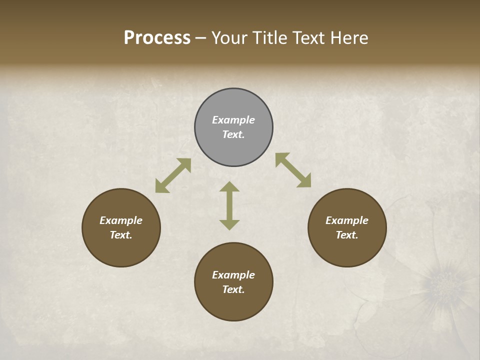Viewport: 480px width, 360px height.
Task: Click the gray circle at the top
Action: [x=233, y=127]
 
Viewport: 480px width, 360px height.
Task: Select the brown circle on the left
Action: [x=121, y=227]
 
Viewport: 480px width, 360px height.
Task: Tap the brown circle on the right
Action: [x=347, y=227]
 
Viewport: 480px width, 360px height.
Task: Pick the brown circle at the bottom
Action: [x=233, y=282]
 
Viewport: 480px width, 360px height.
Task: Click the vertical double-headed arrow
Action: [x=229, y=205]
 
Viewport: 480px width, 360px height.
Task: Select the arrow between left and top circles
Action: [x=173, y=175]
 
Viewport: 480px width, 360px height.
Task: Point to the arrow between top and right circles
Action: [x=293, y=170]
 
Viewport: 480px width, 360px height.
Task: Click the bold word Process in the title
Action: [x=157, y=38]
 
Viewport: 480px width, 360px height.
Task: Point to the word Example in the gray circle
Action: [x=233, y=120]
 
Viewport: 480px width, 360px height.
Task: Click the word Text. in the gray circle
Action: [x=233, y=134]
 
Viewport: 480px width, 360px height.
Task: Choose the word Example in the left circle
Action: [x=121, y=220]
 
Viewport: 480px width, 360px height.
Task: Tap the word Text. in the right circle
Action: [x=347, y=235]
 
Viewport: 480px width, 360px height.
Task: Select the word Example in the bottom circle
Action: [x=233, y=275]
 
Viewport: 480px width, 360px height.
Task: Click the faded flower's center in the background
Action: [x=442, y=283]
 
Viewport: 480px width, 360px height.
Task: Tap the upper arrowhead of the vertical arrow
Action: [x=229, y=187]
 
